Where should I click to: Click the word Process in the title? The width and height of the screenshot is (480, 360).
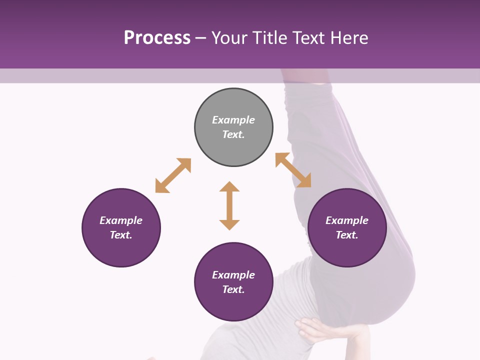157,38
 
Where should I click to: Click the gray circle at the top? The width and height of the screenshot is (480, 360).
233,127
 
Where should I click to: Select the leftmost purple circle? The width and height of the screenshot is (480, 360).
121,228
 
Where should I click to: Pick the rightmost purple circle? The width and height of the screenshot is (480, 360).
347,228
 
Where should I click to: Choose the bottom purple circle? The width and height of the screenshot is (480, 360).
233,282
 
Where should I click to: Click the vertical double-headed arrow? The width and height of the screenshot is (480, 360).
229,205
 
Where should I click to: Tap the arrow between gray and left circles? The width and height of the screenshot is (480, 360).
173,175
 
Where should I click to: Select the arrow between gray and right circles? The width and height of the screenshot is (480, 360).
293,170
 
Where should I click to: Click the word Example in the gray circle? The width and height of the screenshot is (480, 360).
233,120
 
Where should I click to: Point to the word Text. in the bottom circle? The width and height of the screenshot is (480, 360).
233,289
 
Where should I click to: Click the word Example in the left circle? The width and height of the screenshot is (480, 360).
121,220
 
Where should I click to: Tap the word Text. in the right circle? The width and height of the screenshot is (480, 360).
347,235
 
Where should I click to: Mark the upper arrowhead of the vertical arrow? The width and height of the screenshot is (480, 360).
229,186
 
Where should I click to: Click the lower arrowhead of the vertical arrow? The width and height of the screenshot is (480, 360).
229,224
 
